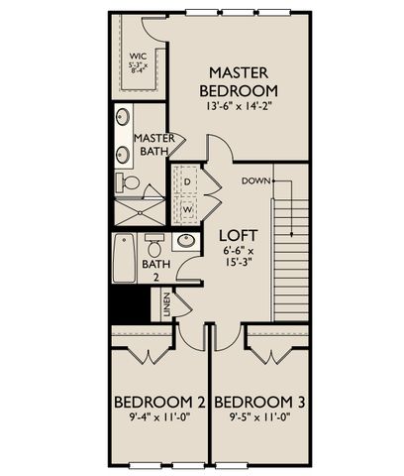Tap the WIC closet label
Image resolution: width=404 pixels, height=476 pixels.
pos(139,56)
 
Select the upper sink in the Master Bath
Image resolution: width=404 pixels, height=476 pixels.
pos(123,117)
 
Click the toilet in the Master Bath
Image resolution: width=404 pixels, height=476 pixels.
pos(128,182)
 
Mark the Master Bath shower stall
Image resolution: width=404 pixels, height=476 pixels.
pos(140,212)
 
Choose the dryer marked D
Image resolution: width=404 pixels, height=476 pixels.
pos(187,181)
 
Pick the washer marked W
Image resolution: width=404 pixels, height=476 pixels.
pos(187,209)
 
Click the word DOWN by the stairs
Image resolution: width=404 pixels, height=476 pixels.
pos(255,181)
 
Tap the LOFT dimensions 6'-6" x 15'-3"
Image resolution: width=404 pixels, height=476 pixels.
pos(239,256)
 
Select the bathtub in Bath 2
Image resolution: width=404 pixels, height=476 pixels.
pos(124,258)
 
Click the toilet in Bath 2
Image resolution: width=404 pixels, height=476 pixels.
pos(154,245)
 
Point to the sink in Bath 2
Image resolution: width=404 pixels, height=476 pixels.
pos(186,241)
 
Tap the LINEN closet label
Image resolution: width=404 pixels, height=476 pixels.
pos(166,304)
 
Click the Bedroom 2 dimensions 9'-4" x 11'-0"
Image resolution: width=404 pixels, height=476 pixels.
pos(160,417)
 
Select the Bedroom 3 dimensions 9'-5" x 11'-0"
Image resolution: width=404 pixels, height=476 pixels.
pos(259,417)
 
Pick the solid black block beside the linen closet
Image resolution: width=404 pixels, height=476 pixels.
pos(130,304)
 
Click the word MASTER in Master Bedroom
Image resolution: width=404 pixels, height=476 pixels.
pos(239,73)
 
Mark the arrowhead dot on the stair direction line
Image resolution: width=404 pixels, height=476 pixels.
pos(292,234)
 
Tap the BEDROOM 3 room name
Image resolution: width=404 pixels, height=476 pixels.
pos(259,403)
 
